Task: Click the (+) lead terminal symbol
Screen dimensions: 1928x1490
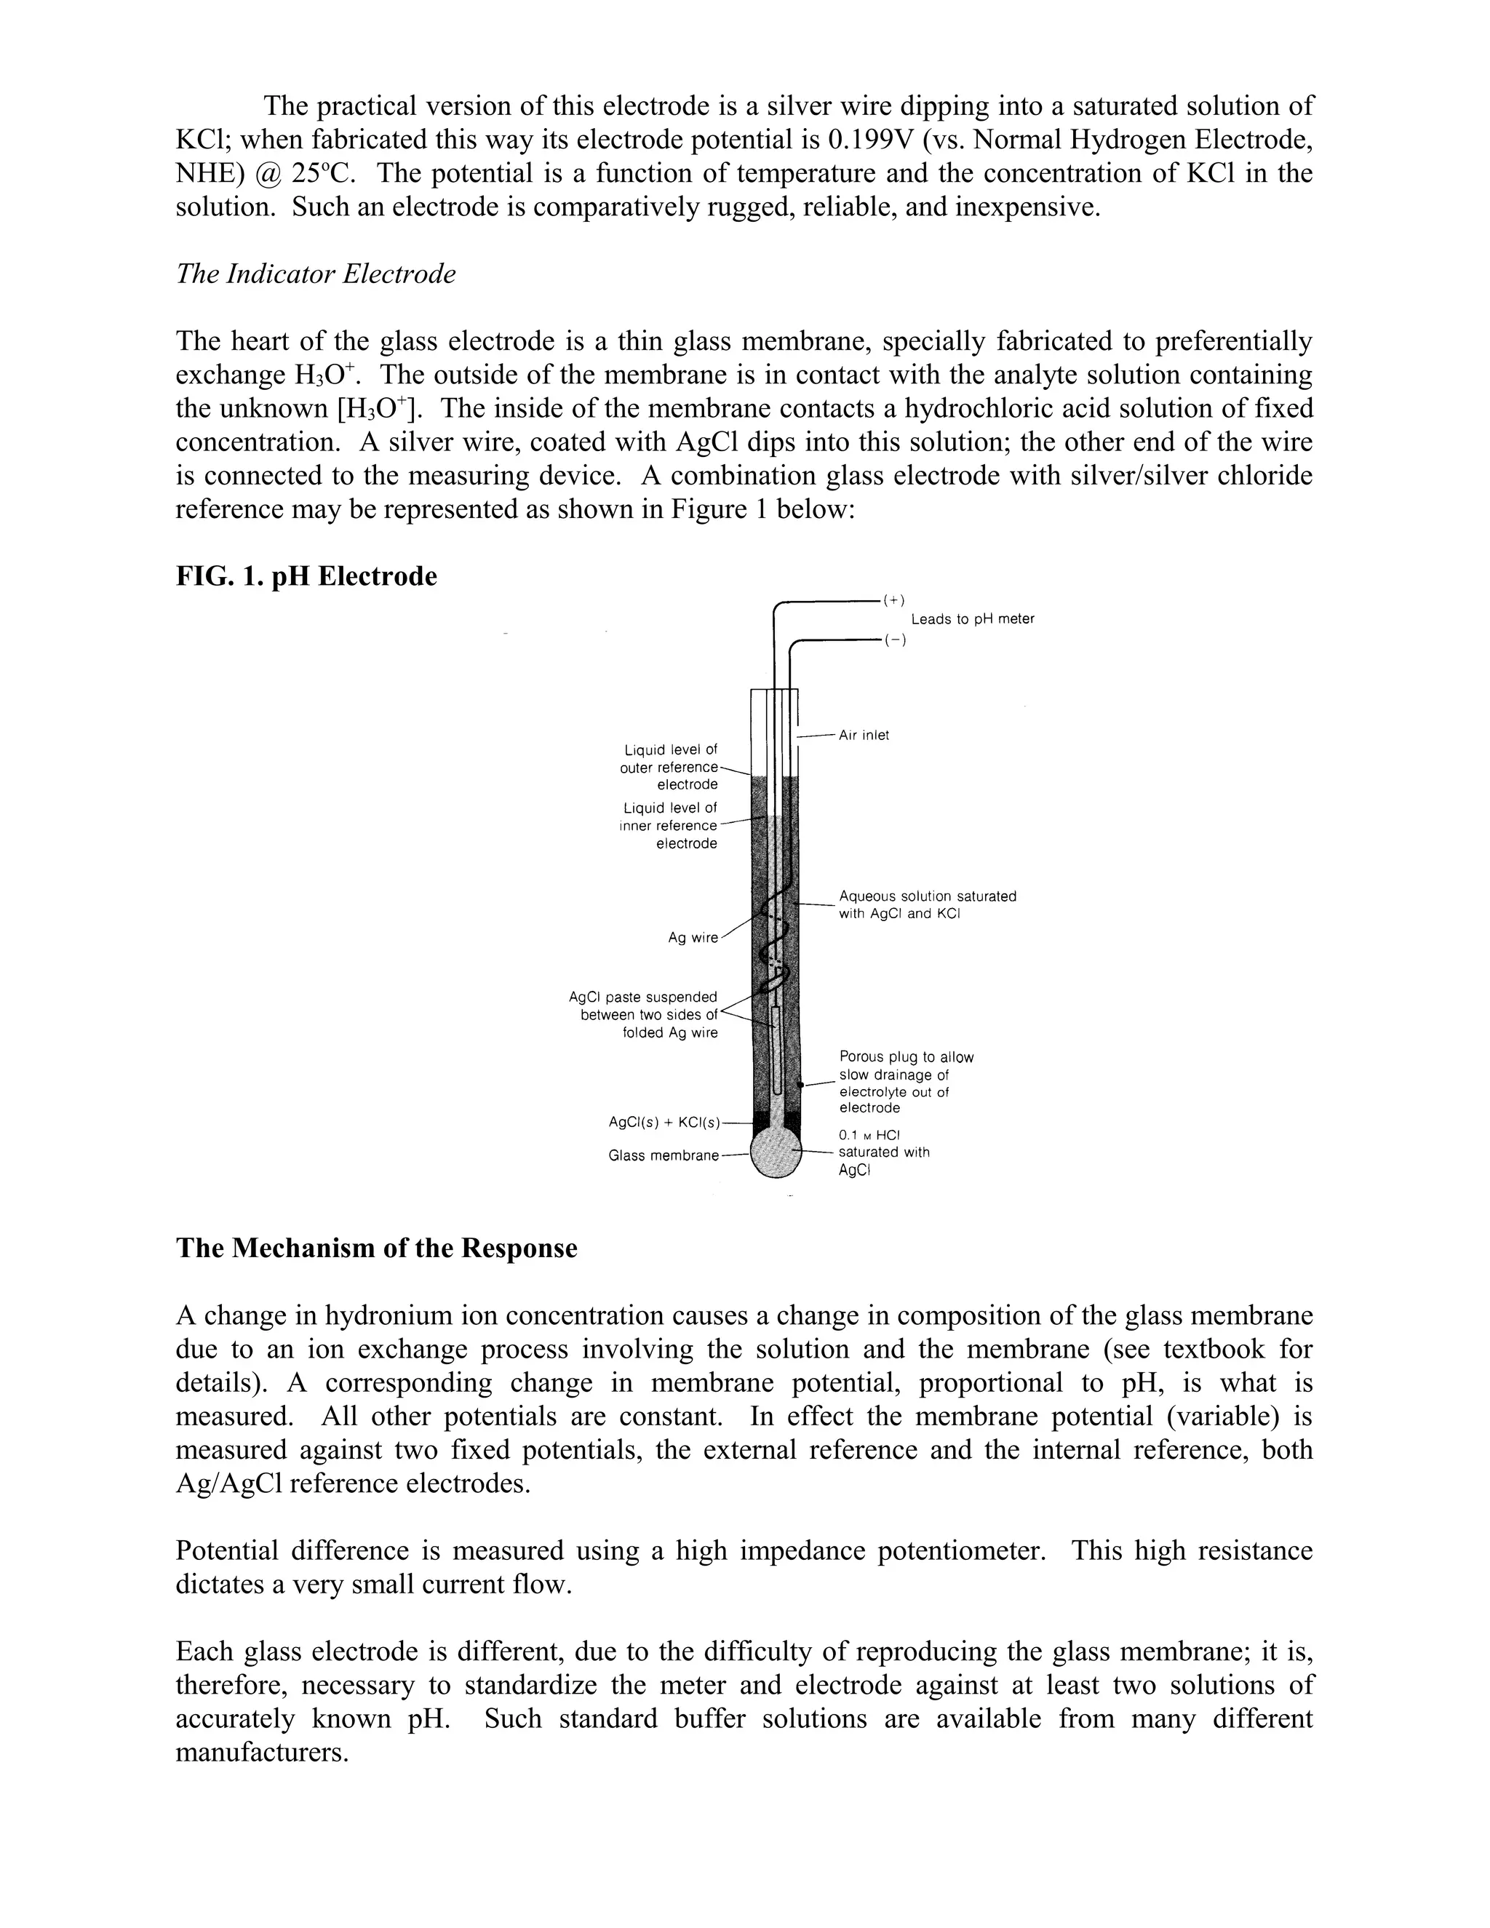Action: click(x=894, y=600)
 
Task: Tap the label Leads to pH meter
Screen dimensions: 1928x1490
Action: click(x=972, y=619)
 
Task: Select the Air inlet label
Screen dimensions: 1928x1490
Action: click(x=864, y=735)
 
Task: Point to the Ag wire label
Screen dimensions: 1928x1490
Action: click(x=693, y=938)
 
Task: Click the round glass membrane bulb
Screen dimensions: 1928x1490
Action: click(x=775, y=1153)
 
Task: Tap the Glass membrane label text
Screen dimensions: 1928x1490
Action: click(x=664, y=1155)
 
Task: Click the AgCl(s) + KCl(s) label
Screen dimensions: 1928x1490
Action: click(x=664, y=1123)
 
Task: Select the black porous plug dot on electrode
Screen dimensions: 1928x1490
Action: click(x=800, y=1084)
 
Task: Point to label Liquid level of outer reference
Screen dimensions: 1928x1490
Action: click(x=669, y=766)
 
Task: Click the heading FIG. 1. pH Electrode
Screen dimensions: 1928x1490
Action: click(x=306, y=576)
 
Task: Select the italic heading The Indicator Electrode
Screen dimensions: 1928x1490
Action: click(x=316, y=274)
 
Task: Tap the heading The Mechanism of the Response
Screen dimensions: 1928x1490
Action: click(x=376, y=1248)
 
